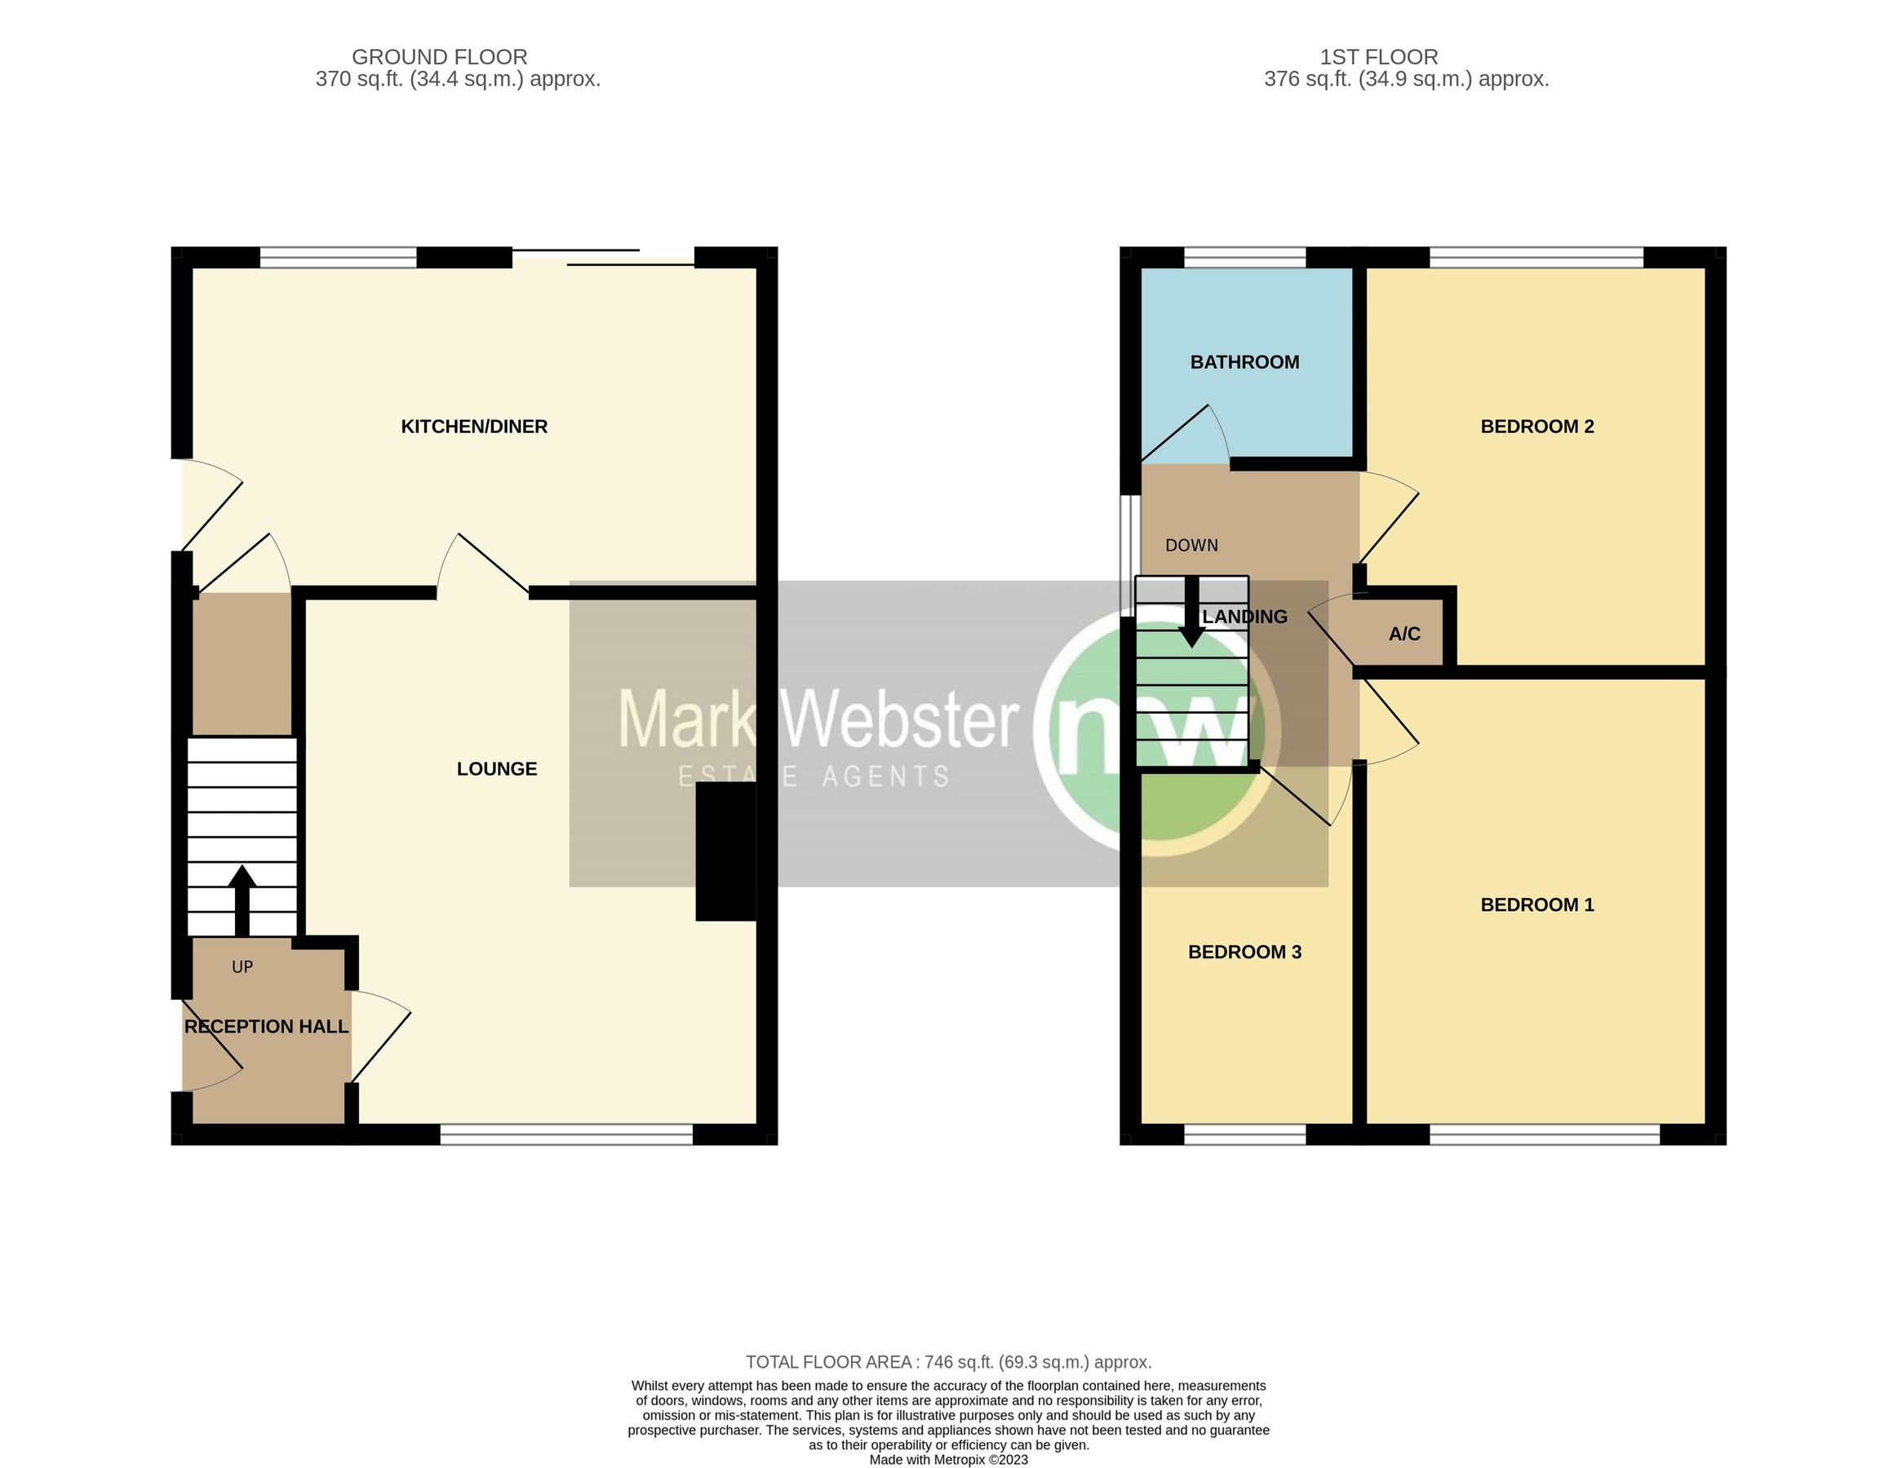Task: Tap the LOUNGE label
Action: (496, 769)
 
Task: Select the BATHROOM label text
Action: (1244, 362)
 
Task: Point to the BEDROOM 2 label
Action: (1537, 427)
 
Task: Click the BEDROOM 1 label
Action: (1537, 904)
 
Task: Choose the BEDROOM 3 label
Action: (1244, 952)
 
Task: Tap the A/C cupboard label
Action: (1404, 635)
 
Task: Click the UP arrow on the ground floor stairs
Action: (242, 899)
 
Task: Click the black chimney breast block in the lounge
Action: (725, 851)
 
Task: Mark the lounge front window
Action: (565, 1134)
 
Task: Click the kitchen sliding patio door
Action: (603, 257)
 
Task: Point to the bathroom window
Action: (1244, 257)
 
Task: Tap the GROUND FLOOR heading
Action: (439, 57)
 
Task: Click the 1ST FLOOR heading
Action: (1378, 57)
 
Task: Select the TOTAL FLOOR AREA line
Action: (948, 1362)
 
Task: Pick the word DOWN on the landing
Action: (1191, 546)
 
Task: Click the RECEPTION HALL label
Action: (266, 1027)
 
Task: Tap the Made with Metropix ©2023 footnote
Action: (948, 1460)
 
